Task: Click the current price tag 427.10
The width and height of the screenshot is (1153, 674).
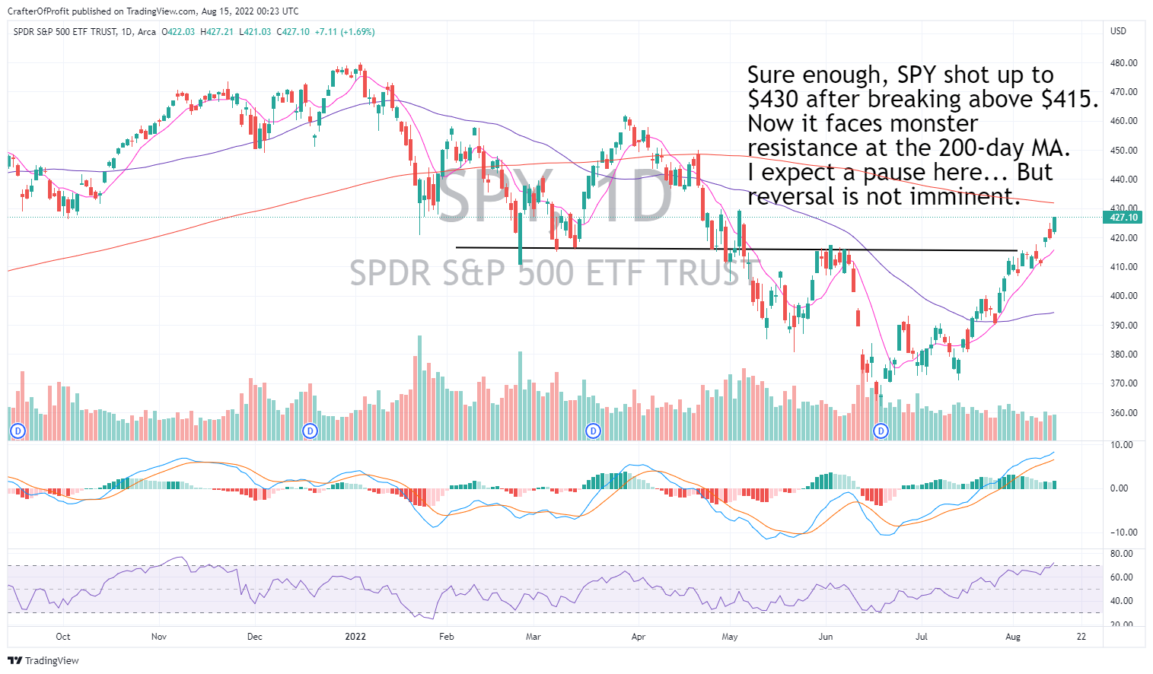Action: [x=1123, y=218]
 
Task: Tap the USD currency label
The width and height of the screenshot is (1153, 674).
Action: [x=1118, y=31]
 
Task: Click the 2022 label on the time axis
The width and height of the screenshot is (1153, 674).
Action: [x=355, y=637]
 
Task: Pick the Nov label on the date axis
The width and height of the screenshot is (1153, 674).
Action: [x=158, y=637]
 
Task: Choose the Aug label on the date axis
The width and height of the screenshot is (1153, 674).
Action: [x=1013, y=637]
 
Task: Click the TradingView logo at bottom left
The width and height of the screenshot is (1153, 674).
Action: [x=43, y=660]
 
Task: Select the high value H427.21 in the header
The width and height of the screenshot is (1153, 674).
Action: [x=217, y=32]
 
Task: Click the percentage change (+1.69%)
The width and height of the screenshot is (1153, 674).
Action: [x=357, y=32]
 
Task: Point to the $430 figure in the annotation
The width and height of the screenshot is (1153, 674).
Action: [x=773, y=100]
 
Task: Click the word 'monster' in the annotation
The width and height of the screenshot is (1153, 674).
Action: [x=934, y=123]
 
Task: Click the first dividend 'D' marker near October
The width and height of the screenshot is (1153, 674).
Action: [x=18, y=431]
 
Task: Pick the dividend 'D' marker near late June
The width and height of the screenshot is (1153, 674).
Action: [x=881, y=431]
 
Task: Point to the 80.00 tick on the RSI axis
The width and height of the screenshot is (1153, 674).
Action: [x=1122, y=554]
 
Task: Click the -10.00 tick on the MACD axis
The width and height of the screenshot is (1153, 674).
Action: [x=1121, y=533]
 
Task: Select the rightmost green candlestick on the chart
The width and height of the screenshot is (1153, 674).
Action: [x=1054, y=224]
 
